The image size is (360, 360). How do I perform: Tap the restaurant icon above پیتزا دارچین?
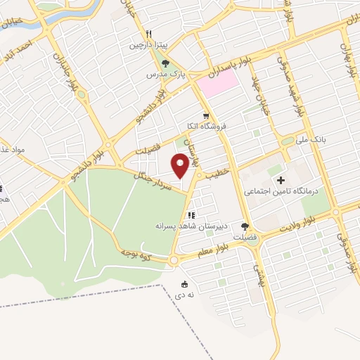(148, 34)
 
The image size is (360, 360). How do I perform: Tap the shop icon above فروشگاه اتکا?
(205, 116)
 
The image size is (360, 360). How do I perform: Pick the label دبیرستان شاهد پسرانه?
(186, 226)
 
